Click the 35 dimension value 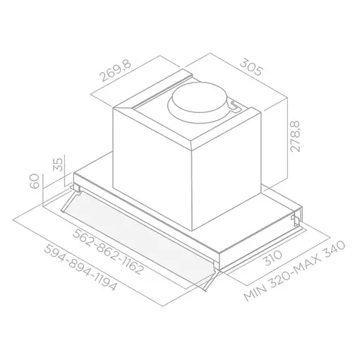click(x=59, y=166)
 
